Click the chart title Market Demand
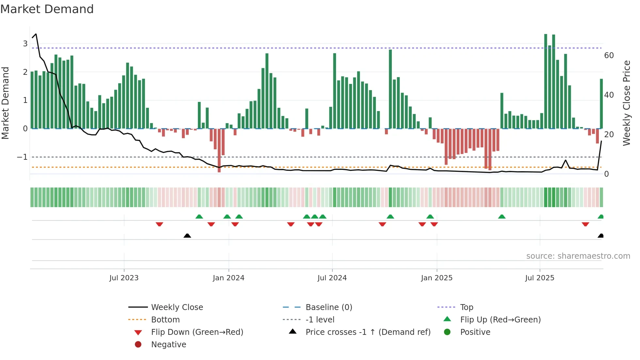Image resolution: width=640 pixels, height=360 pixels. (47, 9)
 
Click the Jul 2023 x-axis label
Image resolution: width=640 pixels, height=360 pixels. (124, 278)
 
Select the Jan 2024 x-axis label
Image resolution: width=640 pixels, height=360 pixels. (228, 278)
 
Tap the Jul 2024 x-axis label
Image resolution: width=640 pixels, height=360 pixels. (332, 278)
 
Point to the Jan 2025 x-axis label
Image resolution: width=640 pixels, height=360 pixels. (437, 278)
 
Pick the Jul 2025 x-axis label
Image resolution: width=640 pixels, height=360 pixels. (539, 278)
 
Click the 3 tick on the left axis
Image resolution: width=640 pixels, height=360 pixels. (25, 44)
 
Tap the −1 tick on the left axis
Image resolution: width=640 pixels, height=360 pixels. (23, 157)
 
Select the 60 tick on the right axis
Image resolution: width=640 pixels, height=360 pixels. (609, 56)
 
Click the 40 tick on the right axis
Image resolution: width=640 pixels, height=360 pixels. (609, 95)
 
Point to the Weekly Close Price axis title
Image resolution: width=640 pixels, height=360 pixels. (626, 103)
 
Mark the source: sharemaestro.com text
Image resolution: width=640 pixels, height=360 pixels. (578, 256)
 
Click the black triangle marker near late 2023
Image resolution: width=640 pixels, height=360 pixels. (187, 236)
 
